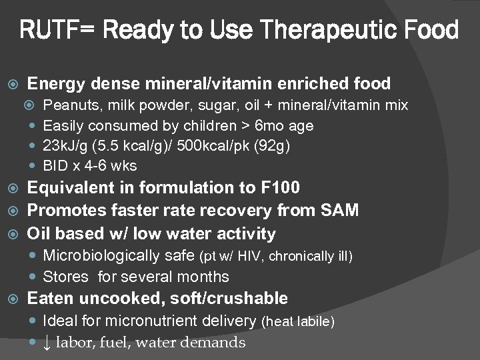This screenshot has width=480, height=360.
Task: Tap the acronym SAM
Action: [339, 211]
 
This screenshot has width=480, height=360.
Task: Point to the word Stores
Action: [65, 277]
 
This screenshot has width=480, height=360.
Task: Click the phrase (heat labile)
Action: [299, 322]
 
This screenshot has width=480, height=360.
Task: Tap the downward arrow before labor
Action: [47, 343]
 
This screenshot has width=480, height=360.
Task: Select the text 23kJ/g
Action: [64, 145]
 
